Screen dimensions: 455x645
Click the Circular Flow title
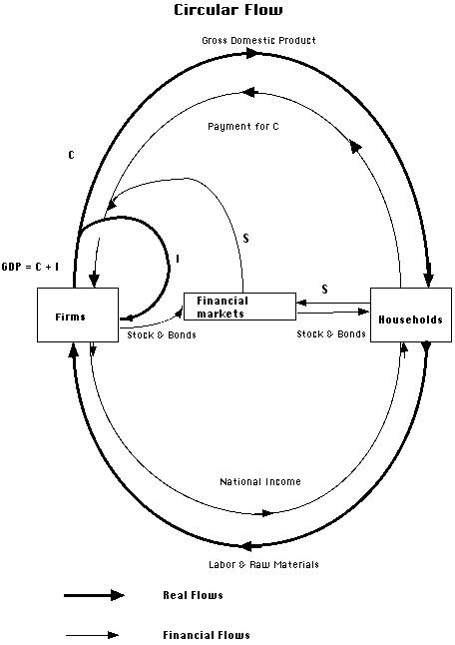coord(228,9)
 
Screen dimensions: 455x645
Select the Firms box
coord(78,315)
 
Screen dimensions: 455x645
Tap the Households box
coord(411,315)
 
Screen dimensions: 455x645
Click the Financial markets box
coord(239,307)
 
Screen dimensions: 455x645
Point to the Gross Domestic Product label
coord(259,40)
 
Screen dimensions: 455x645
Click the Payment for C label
coord(243,126)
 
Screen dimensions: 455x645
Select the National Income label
coord(260,481)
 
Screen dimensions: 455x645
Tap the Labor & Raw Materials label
coord(263,564)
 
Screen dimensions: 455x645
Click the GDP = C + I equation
coord(30,267)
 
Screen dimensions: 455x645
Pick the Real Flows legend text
coord(194,595)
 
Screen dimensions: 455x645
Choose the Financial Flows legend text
coord(207,635)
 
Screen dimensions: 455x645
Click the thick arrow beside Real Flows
coord(94,595)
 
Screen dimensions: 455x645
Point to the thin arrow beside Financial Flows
coord(91,635)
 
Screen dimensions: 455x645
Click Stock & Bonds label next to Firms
coord(162,334)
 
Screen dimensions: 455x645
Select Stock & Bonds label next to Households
coord(331,333)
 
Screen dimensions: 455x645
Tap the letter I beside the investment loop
coord(178,259)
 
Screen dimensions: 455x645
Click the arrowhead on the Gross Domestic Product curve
coord(252,53)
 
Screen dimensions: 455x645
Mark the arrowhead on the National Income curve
coord(267,513)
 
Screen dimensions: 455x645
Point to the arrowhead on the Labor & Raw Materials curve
coord(246,546)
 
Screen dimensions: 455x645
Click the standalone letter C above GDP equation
coord(72,155)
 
